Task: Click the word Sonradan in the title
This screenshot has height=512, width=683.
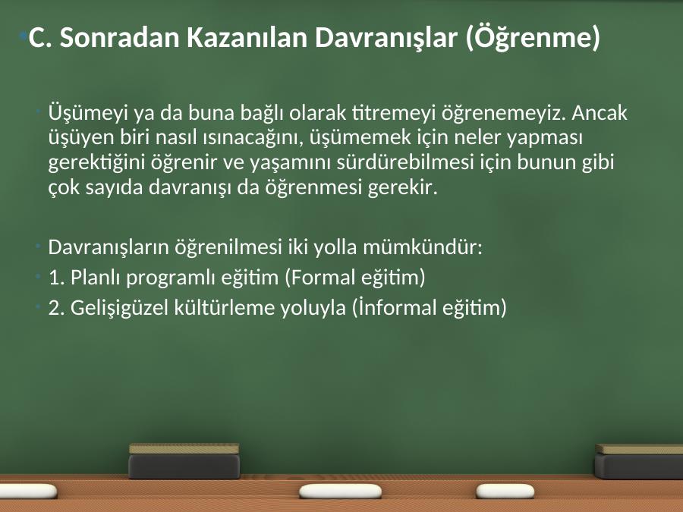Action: click(x=119, y=37)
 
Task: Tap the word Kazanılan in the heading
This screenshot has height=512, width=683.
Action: click(x=248, y=37)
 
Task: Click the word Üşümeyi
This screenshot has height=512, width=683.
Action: click(x=88, y=113)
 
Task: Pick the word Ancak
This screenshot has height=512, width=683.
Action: click(x=600, y=113)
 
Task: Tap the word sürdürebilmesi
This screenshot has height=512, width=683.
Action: click(x=404, y=162)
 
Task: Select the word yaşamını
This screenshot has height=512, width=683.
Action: click(x=290, y=163)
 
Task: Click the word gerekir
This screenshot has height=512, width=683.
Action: click(x=402, y=187)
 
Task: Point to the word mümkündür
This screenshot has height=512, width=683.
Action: click(x=423, y=247)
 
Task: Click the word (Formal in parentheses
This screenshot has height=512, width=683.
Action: click(x=320, y=278)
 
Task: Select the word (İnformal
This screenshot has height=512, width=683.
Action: click(x=394, y=307)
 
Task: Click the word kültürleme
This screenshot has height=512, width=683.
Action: click(x=224, y=307)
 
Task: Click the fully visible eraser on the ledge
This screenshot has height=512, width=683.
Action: click(x=184, y=461)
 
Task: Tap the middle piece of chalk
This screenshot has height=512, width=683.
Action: click(x=340, y=492)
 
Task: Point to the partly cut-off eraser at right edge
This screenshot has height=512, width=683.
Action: click(x=638, y=461)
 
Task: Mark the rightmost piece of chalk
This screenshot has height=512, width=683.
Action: click(x=505, y=492)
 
